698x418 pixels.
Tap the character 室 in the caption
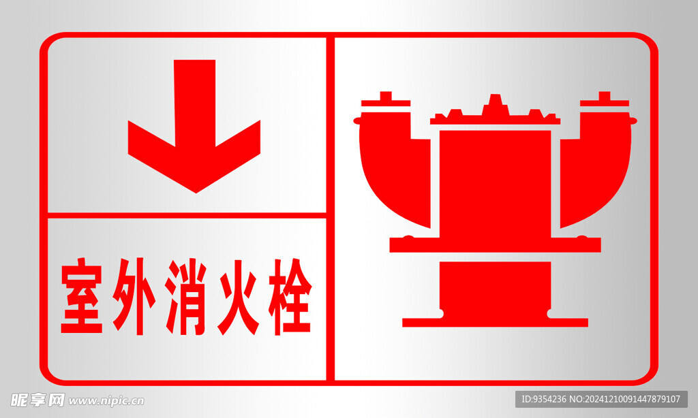click(82, 295)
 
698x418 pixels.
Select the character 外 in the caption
click(134, 295)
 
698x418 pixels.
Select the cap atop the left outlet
click(386, 99)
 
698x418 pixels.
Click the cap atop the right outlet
click(605, 99)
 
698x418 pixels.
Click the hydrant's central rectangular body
click(495, 183)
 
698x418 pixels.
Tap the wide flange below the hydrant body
click(495, 244)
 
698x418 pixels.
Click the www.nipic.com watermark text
click(106, 401)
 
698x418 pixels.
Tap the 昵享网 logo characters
click(37, 400)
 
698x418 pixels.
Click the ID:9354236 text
click(544, 400)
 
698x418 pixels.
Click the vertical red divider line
click(331, 209)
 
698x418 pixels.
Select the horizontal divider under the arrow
click(187, 215)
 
